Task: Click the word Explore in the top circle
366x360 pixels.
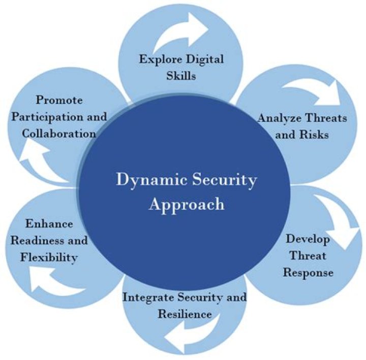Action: tap(161, 59)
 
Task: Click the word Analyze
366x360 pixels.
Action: tap(279, 118)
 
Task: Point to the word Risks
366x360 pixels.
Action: tap(314, 135)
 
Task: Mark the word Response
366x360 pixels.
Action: tap(308, 272)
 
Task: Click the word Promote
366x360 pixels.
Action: tap(59, 100)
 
